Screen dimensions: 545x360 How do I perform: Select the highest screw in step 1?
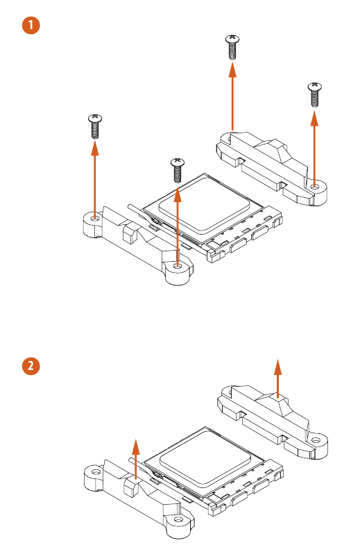click(x=232, y=47)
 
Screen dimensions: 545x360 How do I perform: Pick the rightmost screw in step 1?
click(x=314, y=94)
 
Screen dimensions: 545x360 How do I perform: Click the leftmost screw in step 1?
click(x=95, y=126)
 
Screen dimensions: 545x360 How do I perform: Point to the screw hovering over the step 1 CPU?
click(x=177, y=169)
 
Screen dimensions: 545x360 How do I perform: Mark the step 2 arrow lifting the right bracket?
click(x=277, y=378)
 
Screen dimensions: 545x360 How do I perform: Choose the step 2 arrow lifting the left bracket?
click(x=136, y=458)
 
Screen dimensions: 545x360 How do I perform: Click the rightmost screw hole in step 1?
click(x=315, y=187)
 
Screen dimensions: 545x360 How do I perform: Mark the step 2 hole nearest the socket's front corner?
click(x=178, y=519)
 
